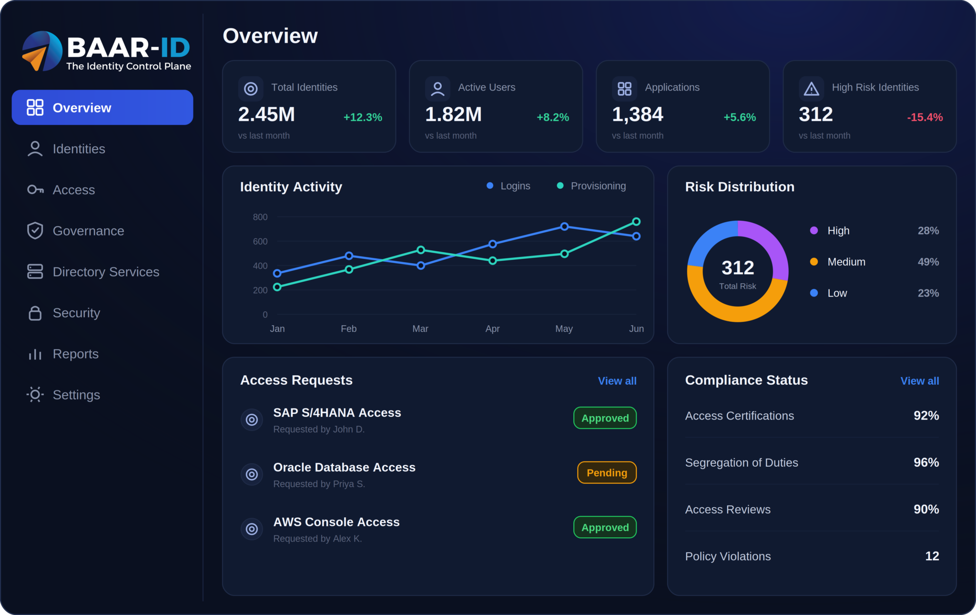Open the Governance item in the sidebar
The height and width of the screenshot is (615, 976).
pos(75,231)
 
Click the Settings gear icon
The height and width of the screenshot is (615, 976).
pos(35,395)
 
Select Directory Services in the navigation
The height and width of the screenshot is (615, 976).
pos(93,272)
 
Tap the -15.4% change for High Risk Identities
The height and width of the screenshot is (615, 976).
pos(925,117)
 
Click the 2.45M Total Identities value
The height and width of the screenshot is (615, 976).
pos(266,114)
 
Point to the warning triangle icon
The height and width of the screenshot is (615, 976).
pos(811,89)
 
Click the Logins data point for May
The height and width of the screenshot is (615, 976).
pos(564,226)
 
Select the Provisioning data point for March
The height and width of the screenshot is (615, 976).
pos(421,250)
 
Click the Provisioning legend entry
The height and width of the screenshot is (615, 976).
pos(591,186)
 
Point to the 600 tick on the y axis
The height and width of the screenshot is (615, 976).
pos(260,242)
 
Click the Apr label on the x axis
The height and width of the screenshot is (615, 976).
pos(492,329)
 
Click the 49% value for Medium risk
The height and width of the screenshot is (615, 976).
pos(928,262)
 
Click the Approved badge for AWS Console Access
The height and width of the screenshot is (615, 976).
pos(605,527)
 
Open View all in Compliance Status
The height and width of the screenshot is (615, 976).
pos(920,381)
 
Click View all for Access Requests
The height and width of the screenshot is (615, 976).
pos(617,381)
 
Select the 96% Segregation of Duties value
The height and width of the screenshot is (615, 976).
pos(926,462)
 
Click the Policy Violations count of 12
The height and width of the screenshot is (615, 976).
pos(932,556)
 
